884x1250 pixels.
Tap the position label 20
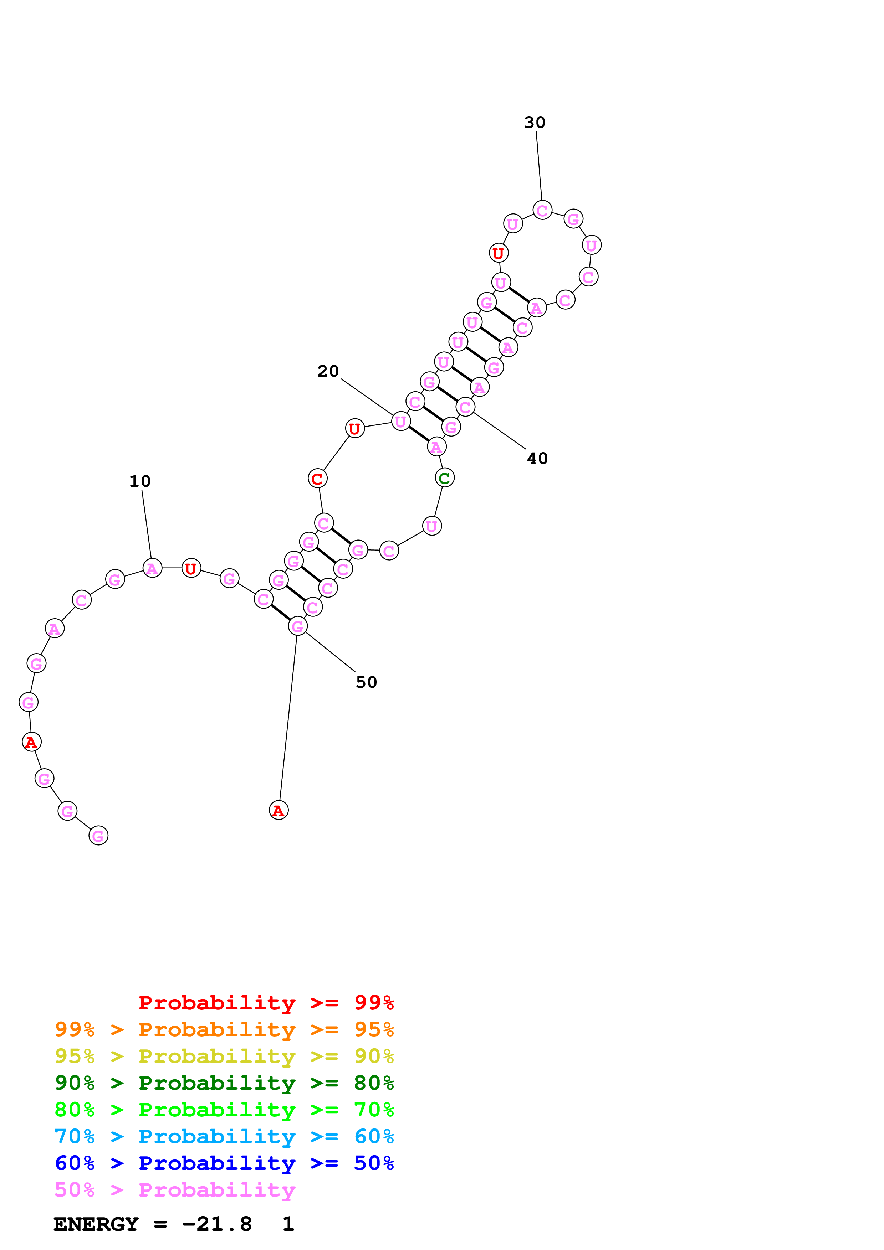tap(328, 371)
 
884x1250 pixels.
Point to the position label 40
tap(537, 458)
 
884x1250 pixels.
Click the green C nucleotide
tap(444, 478)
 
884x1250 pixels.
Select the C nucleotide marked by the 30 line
tap(542, 210)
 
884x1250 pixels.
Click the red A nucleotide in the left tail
tap(31, 742)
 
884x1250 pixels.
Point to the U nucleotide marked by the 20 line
tap(401, 422)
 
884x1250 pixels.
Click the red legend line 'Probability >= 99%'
tap(266, 1002)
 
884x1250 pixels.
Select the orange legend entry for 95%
tap(224, 1029)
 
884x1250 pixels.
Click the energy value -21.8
tap(217, 1224)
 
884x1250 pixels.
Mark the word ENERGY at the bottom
tap(96, 1224)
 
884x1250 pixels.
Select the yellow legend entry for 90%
tap(224, 1056)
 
